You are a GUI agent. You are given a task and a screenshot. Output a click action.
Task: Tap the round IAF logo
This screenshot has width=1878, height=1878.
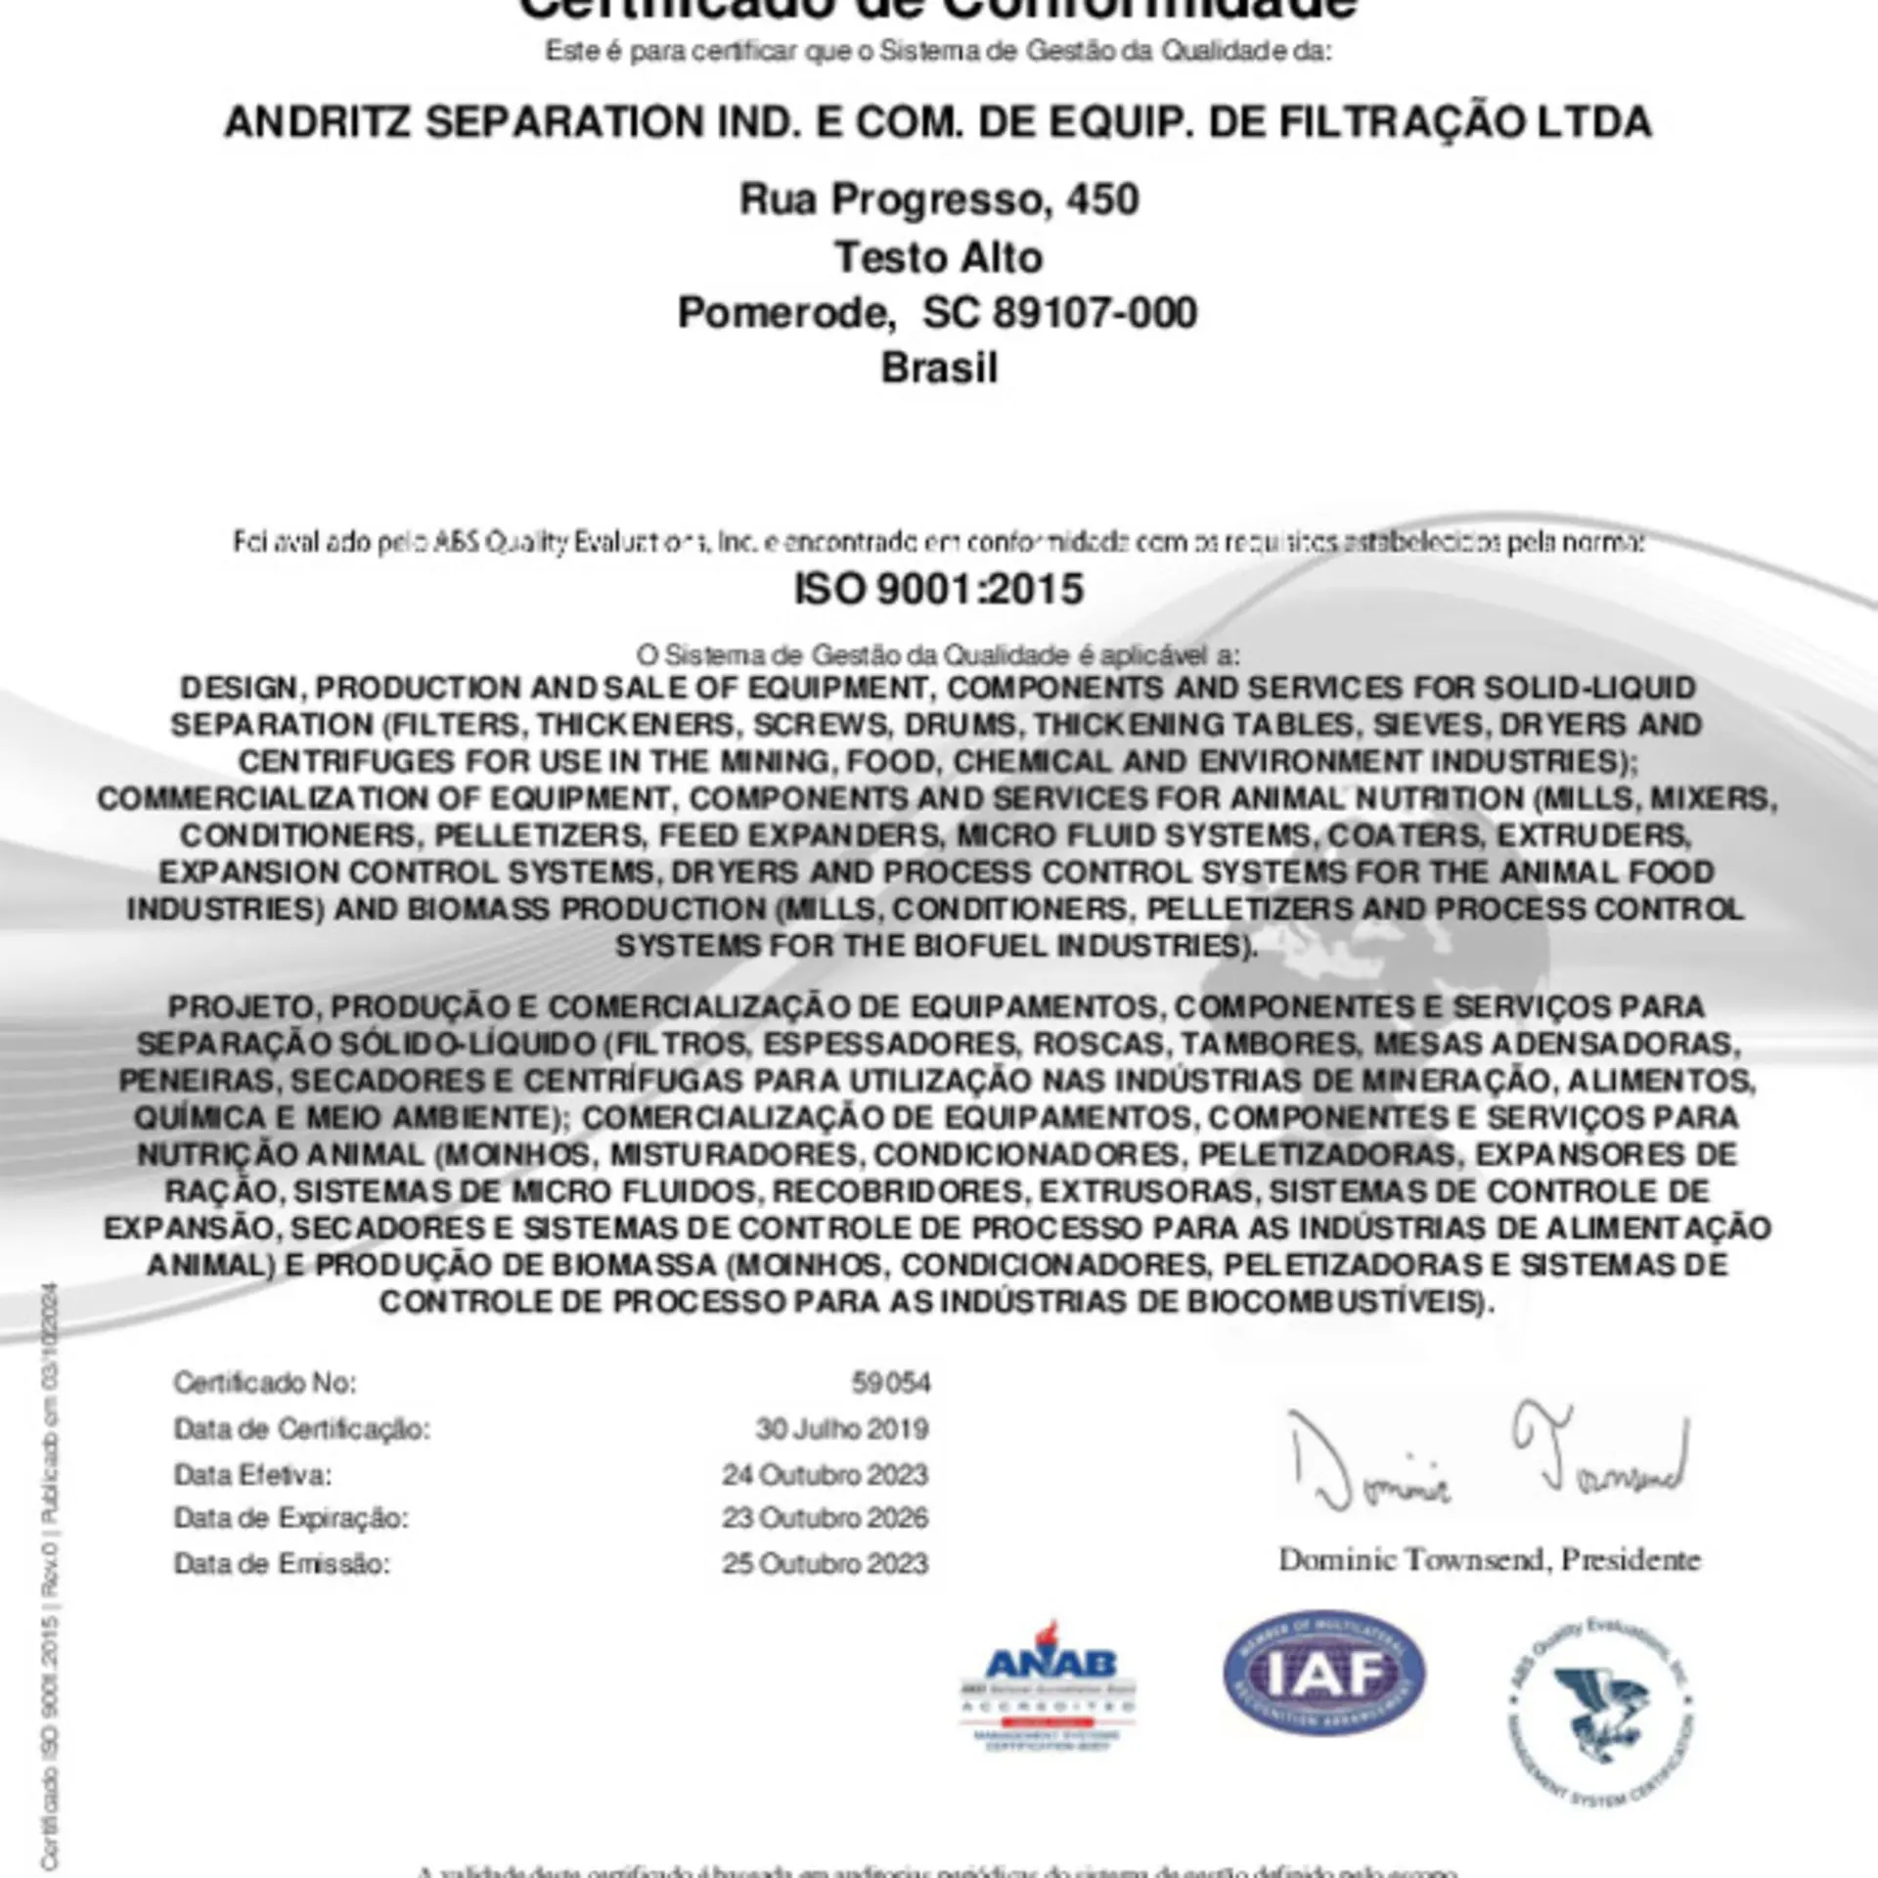click(x=1323, y=1673)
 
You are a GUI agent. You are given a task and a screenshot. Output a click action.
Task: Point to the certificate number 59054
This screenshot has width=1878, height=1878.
click(x=890, y=1382)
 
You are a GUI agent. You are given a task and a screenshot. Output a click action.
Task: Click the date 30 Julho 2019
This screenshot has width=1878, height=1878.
click(x=841, y=1429)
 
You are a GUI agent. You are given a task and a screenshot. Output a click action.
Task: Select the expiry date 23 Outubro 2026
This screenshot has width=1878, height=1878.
click(x=825, y=1518)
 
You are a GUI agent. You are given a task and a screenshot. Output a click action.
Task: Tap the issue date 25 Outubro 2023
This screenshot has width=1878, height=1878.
click(x=825, y=1563)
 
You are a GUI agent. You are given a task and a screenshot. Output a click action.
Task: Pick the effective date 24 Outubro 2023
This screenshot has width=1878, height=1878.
click(x=825, y=1474)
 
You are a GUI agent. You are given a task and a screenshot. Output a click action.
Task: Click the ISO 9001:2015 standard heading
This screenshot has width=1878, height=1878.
click(x=938, y=590)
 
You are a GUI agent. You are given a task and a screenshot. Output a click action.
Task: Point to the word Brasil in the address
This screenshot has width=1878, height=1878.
click(x=939, y=369)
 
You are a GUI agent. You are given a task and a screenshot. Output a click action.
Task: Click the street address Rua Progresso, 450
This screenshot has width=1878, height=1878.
click(x=939, y=200)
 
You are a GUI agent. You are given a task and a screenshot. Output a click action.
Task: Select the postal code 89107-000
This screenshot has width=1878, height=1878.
click(x=1095, y=313)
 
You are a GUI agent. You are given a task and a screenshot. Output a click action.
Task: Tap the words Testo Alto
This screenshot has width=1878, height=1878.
click(x=939, y=257)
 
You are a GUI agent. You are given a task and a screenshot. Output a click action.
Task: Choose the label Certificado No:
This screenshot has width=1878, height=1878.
click(x=265, y=1383)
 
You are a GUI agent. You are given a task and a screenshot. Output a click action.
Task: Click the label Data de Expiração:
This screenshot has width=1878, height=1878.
click(x=291, y=1518)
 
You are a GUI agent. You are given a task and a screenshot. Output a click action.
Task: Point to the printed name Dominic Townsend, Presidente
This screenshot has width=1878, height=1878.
click(x=1489, y=1559)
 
